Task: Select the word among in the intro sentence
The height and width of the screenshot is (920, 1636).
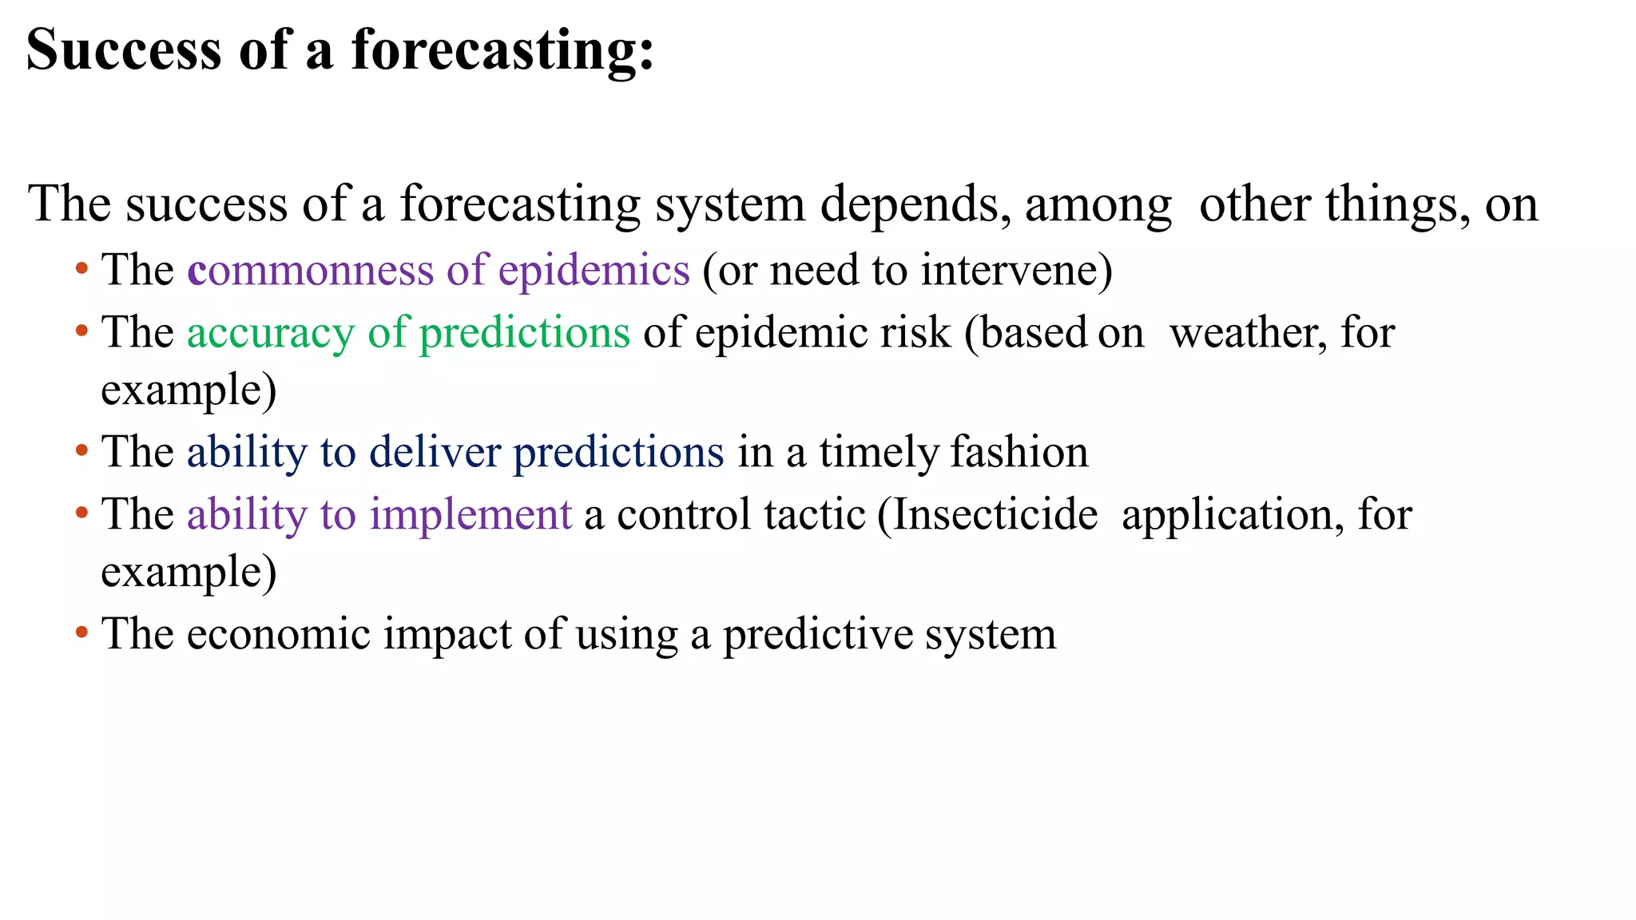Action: [x=1098, y=204]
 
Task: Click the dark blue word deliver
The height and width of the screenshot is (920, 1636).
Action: [x=435, y=452]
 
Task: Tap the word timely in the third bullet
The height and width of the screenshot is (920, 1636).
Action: [x=880, y=452]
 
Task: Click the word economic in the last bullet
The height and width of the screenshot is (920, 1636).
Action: [x=279, y=634]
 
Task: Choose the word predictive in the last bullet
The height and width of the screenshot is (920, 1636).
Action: [x=817, y=634]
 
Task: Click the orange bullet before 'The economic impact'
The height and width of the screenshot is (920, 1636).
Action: [x=81, y=632]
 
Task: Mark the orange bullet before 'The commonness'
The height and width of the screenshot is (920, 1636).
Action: [x=81, y=268]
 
